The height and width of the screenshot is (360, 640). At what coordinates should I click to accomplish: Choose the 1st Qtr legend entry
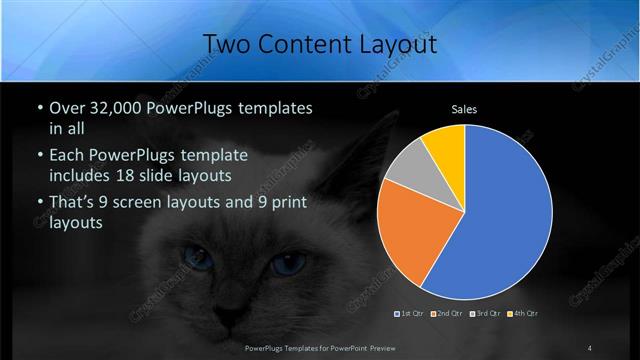coord(411,313)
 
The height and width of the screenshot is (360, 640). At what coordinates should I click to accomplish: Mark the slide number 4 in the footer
coord(590,348)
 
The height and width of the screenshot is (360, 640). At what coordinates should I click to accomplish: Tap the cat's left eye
coord(197,260)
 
